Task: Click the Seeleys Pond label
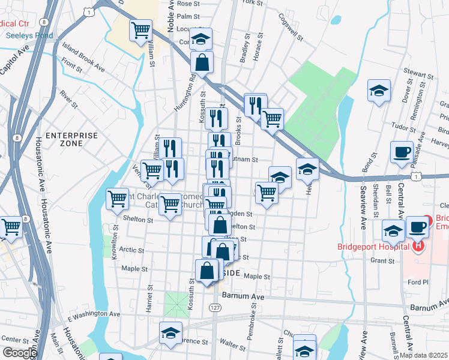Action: tap(29, 35)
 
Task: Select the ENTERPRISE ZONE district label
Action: tap(71, 140)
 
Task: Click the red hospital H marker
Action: tap(419, 245)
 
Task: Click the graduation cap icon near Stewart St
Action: tap(379, 90)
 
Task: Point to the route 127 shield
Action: tap(215, 307)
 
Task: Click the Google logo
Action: tap(19, 353)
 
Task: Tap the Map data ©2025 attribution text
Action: tap(424, 355)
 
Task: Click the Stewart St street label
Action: tap(418, 75)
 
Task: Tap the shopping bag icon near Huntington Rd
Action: tap(202, 61)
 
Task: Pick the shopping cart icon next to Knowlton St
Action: tap(117, 198)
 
